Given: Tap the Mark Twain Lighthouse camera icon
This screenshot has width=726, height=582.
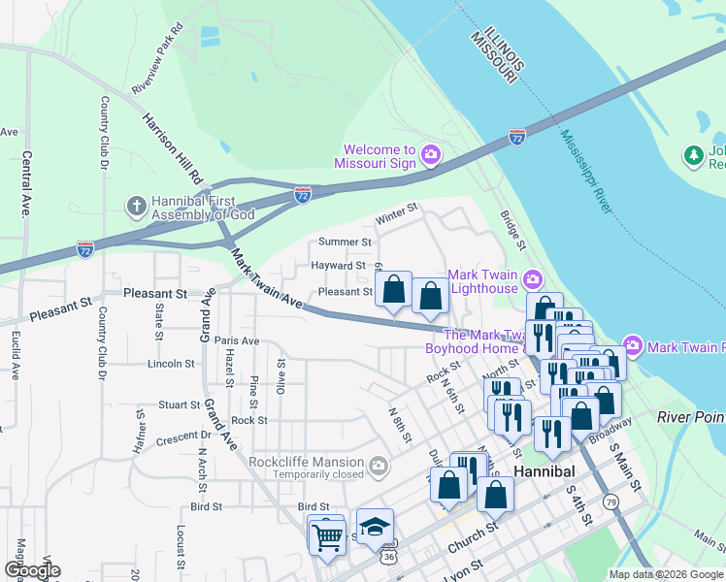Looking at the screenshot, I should point(532,281).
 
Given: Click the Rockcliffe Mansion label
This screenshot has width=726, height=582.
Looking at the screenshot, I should point(306,462).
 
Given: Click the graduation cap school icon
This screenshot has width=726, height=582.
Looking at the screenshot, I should point(375,528).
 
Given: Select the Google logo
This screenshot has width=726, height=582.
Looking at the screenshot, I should point(32,570).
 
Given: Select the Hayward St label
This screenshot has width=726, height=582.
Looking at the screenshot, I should point(338,265).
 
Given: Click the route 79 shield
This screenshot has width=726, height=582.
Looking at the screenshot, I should point(610,501).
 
